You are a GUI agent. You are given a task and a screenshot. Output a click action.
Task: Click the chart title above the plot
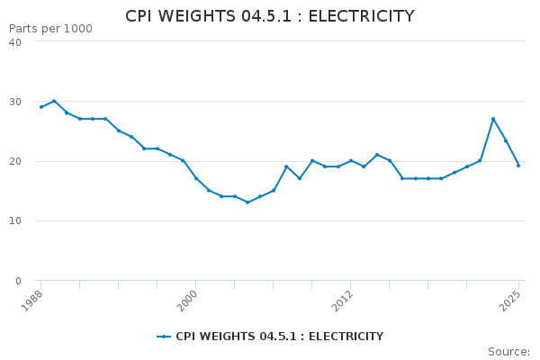point(270,16)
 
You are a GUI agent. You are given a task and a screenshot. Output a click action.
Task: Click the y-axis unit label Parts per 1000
point(50,29)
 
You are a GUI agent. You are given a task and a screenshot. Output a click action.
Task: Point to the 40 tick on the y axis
point(15,42)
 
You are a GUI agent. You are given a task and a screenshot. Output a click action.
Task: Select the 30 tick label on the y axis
point(15,102)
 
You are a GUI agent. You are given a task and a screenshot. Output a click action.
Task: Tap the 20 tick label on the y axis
point(15,161)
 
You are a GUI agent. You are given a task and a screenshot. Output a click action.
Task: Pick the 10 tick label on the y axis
point(15,220)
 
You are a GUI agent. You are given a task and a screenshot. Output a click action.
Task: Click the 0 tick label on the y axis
point(18,281)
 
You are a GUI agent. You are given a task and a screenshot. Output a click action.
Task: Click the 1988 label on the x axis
point(31,301)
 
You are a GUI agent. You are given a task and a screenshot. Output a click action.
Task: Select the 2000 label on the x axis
point(186,301)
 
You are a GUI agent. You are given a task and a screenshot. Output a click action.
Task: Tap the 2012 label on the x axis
point(342,301)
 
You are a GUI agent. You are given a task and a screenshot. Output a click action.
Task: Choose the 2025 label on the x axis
point(509,301)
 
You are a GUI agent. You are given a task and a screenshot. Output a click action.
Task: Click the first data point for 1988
point(41,107)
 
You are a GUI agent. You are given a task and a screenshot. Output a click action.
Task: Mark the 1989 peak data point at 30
point(54,101)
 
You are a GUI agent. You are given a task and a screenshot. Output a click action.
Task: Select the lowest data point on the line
point(247,202)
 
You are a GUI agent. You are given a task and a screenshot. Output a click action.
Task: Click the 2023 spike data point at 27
point(493,119)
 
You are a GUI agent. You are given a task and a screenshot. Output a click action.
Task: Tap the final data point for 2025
point(518,166)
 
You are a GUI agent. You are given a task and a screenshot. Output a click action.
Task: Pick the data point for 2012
point(351,160)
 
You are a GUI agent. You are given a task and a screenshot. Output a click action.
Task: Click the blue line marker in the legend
point(164,337)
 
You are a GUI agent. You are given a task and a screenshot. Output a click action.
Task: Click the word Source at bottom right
point(508,352)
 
